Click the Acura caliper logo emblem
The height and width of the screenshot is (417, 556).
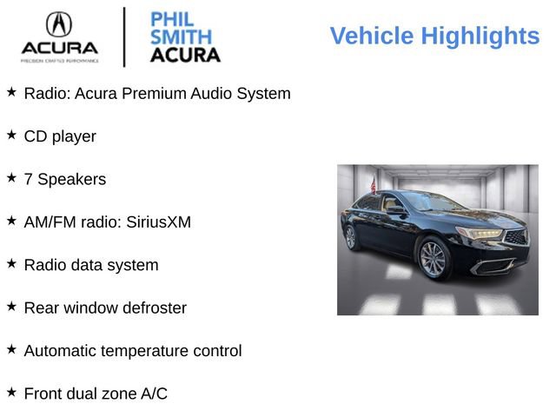click(59, 24)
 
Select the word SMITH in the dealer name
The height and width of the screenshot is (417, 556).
click(181, 37)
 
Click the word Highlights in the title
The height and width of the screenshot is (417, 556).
click(480, 36)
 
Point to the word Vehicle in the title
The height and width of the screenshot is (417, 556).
click(372, 36)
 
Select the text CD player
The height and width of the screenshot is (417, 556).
click(60, 136)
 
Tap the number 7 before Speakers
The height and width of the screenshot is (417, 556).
click(29, 179)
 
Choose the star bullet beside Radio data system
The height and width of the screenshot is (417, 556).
click(11, 262)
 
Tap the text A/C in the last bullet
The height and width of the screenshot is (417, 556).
click(154, 394)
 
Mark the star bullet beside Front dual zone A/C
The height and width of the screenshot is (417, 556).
click(11, 392)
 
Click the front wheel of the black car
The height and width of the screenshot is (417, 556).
click(434, 260)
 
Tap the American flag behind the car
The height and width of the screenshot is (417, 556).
click(374, 185)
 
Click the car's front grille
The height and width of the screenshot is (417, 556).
click(515, 237)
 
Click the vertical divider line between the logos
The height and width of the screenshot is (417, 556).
click(124, 36)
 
